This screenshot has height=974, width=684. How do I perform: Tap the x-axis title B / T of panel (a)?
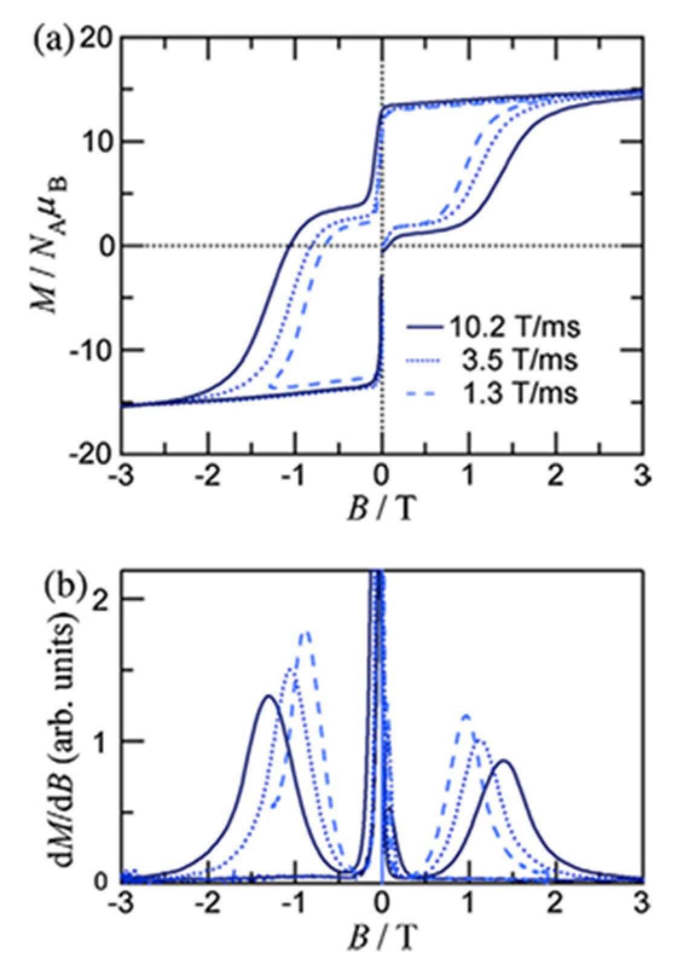pyautogui.click(x=382, y=511)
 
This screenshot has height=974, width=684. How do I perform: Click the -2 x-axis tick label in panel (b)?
pyautogui.click(x=207, y=908)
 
